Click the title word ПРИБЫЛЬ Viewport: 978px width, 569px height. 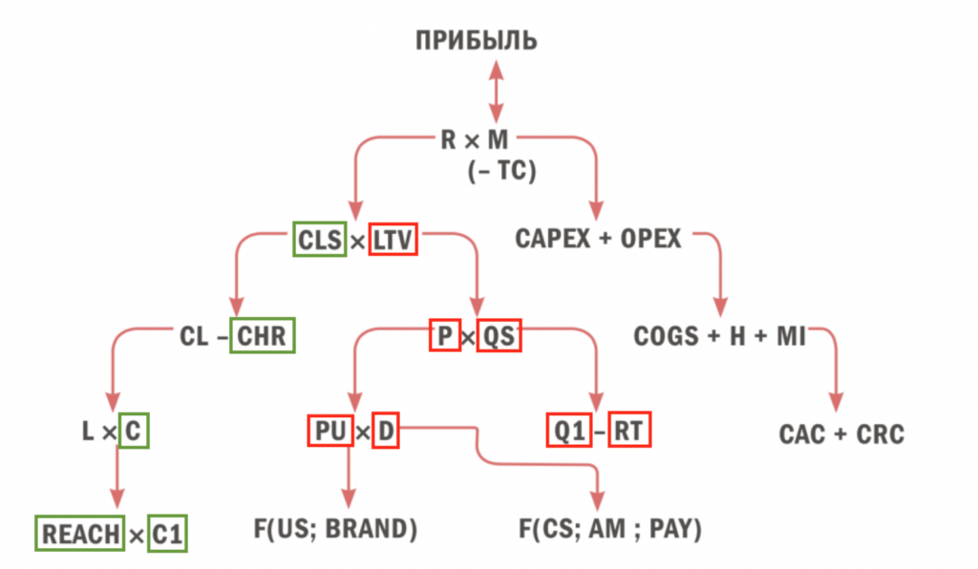pos(476,41)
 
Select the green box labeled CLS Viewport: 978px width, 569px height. pos(319,239)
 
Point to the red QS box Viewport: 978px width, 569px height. pos(499,336)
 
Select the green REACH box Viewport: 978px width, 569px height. pos(81,534)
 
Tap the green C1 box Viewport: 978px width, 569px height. pos(167,534)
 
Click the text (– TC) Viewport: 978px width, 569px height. pos(501,173)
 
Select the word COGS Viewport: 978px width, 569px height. pos(666,336)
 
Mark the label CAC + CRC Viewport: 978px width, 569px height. pos(840,435)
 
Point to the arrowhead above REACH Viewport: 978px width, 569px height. pos(117,498)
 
